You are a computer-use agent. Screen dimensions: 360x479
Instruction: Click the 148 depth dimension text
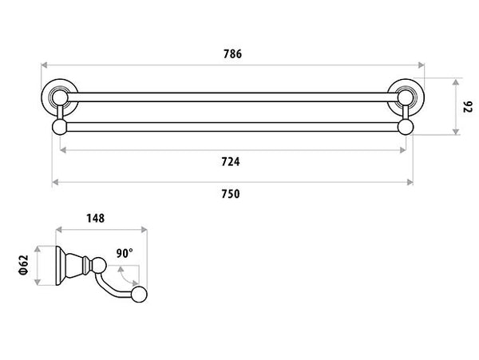point(95,218)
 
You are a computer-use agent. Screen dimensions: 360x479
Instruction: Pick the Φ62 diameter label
point(23,263)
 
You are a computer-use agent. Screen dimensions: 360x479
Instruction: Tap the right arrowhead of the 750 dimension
point(410,182)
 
